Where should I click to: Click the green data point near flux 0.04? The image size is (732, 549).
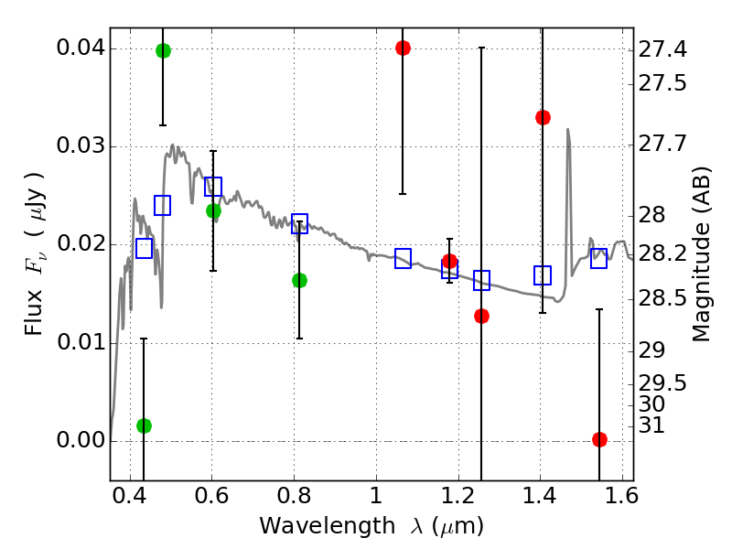(x=163, y=50)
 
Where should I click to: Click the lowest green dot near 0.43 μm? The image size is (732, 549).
(x=144, y=425)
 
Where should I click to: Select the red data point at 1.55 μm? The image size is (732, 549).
(x=599, y=439)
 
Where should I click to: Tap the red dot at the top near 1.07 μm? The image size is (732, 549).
(x=403, y=48)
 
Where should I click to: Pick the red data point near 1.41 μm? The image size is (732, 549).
(x=543, y=117)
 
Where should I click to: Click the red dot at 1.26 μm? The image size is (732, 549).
(x=482, y=316)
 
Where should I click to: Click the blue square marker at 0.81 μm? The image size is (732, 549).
(x=299, y=223)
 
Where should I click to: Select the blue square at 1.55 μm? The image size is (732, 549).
(x=599, y=258)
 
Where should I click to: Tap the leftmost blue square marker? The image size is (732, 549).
(x=144, y=248)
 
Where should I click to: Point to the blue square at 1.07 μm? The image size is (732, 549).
(x=403, y=258)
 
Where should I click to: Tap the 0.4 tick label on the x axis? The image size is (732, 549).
(x=130, y=499)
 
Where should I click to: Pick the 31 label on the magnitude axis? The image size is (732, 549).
(x=652, y=425)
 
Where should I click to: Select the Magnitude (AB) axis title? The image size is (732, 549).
(x=702, y=253)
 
